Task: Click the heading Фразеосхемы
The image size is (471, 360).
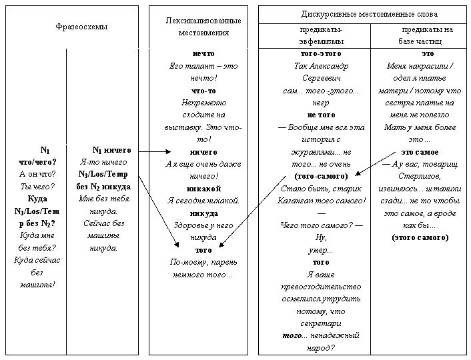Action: [81, 27]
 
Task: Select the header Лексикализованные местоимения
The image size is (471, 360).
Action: [203, 27]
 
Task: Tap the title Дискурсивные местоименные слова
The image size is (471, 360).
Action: [370, 14]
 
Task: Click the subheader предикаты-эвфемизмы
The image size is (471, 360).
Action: [321, 35]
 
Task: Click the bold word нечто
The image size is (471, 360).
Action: [203, 54]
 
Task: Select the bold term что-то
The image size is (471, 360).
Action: [203, 91]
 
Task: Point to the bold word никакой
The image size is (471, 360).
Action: [203, 189]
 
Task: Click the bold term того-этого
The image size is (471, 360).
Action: [321, 54]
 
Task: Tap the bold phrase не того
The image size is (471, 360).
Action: [321, 115]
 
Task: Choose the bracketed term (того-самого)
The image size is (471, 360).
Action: [321, 176]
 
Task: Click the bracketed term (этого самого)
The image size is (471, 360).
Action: [420, 238]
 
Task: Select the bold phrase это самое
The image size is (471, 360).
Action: [420, 152]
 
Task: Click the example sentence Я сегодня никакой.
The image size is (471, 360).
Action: [203, 201]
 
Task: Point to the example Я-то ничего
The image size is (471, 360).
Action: [103, 162]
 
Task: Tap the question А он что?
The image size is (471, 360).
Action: [37, 174]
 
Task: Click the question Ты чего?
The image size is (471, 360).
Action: [37, 187]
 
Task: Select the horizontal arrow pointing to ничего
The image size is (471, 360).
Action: [155, 151]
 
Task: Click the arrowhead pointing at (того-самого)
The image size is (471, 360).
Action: [358, 173]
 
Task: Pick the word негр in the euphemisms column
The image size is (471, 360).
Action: [321, 103]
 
